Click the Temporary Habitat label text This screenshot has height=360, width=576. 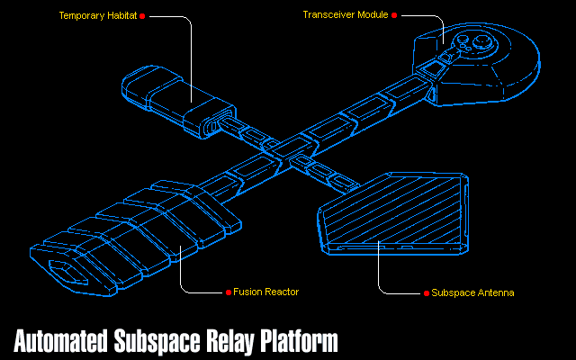pyautogui.click(x=98, y=15)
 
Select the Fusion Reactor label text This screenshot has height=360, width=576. pyautogui.click(x=265, y=292)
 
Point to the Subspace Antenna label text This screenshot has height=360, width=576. pyautogui.click(x=472, y=292)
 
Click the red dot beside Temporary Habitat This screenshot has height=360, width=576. pyautogui.click(x=142, y=15)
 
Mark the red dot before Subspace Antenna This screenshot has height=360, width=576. pyautogui.click(x=426, y=292)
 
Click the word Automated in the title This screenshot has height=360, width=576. pyautogui.click(x=61, y=341)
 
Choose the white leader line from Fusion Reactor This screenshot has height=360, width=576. pyautogui.click(x=183, y=274)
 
